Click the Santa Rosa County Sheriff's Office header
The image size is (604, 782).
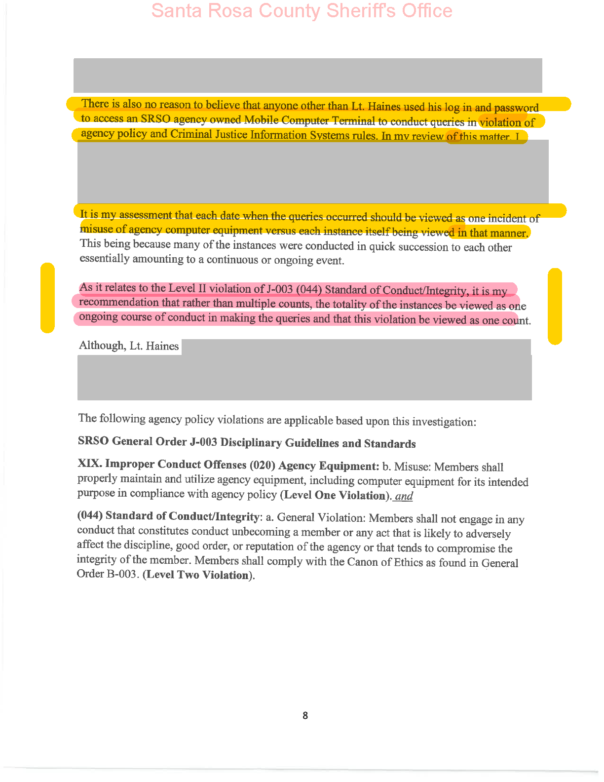click(302, 11)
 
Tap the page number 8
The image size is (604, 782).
click(305, 715)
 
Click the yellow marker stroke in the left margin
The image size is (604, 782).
click(47, 298)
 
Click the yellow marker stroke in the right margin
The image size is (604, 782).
click(555, 306)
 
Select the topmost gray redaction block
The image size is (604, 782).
click(307, 75)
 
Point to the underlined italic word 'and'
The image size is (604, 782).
click(404, 496)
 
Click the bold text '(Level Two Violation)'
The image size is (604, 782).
click(198, 575)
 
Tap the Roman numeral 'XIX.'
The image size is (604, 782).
click(89, 464)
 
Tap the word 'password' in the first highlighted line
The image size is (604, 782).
click(516, 108)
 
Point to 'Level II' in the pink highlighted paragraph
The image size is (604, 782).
click(187, 288)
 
